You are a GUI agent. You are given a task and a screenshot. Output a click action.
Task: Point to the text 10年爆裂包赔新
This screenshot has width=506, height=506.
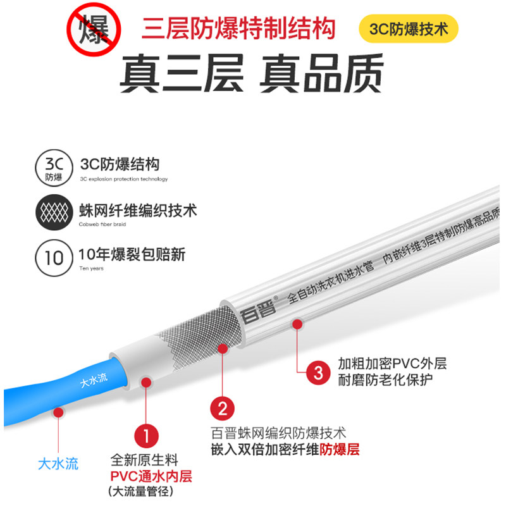(x=132, y=254)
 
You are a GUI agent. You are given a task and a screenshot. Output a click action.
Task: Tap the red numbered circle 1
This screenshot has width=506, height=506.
(x=146, y=436)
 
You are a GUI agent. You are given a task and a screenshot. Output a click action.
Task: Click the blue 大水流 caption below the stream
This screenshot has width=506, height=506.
(x=58, y=464)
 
